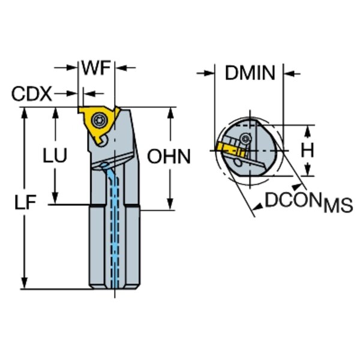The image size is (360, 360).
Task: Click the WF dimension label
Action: point(96,68)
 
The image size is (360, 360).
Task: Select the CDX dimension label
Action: point(32,94)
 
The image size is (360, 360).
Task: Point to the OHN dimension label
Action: point(169,157)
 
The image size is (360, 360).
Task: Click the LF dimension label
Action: point(25,203)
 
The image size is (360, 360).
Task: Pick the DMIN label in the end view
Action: point(250,74)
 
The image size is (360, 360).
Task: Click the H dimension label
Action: point(307,151)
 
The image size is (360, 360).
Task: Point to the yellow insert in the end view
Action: point(225,146)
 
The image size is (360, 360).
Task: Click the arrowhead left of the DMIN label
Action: point(211,74)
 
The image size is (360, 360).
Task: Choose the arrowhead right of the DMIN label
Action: point(288,74)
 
